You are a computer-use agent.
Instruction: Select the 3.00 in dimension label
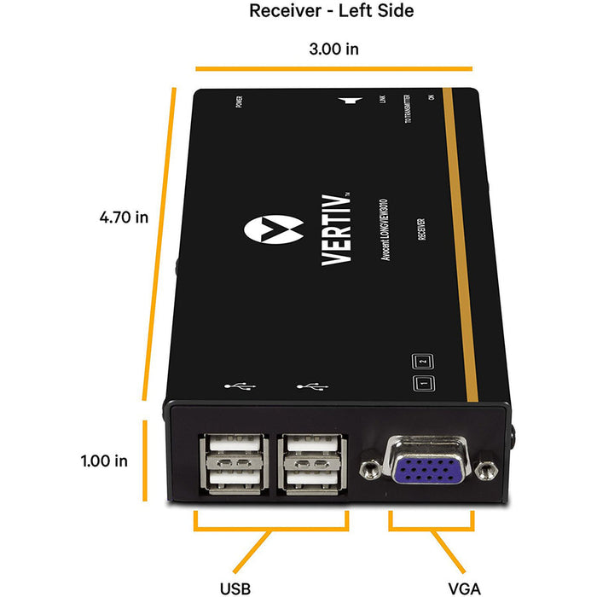point(333,48)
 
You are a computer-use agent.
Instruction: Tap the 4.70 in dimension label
point(125,217)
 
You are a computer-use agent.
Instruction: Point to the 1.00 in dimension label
point(104,461)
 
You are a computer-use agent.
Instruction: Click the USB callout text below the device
point(235,565)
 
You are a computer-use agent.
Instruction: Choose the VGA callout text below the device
point(464,565)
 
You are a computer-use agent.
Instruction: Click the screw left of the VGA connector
point(371,468)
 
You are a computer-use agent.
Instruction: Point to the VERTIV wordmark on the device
point(334,230)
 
